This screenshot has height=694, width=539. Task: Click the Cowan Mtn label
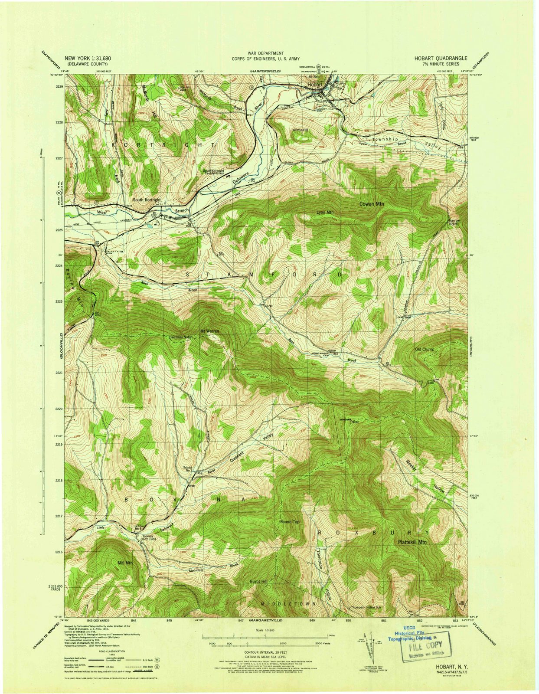[x=372, y=203]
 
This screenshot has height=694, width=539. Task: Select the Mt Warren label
[x=209, y=331]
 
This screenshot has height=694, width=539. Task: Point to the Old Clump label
[x=424, y=349]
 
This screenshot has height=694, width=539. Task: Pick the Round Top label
[x=290, y=522]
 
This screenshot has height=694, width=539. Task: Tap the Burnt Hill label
[x=259, y=581]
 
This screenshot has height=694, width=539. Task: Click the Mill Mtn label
[x=125, y=563]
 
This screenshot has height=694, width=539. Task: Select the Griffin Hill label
[x=300, y=130]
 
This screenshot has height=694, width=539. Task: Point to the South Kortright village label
[x=147, y=200]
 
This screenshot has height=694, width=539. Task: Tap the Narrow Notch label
[x=453, y=222]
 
